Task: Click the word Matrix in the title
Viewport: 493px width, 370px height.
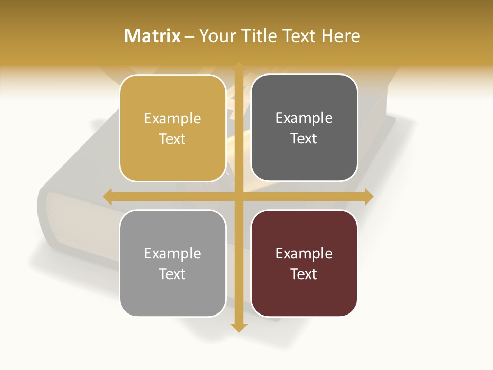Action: [153, 36]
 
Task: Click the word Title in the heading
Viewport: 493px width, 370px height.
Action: [260, 36]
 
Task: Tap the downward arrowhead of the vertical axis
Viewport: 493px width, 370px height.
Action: [239, 327]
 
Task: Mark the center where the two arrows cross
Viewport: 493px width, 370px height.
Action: [239, 196]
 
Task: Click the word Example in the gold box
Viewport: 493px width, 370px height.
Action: [173, 119]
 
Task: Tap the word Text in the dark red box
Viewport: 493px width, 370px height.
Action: [304, 274]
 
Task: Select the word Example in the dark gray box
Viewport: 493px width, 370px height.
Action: [304, 118]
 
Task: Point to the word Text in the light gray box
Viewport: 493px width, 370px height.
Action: [173, 274]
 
